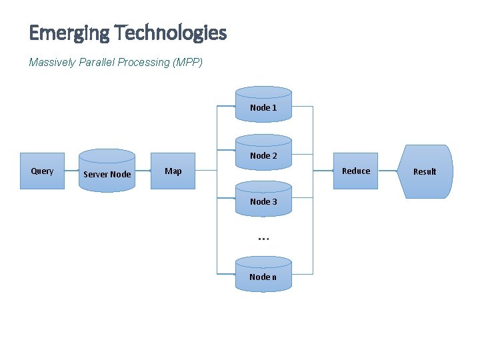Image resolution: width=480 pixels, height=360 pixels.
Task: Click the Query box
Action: (x=42, y=171)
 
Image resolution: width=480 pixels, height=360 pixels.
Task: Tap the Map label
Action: (x=173, y=171)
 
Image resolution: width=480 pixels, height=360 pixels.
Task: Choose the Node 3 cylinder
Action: (x=263, y=199)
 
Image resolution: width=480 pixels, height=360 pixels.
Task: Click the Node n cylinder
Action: (x=263, y=274)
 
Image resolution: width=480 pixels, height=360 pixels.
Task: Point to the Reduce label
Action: (x=355, y=171)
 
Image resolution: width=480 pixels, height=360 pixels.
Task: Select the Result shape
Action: (x=425, y=171)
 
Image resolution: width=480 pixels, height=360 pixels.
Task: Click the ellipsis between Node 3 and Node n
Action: (x=263, y=238)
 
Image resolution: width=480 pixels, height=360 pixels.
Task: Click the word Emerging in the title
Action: (x=69, y=33)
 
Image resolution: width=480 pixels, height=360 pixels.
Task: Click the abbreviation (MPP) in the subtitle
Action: (x=187, y=63)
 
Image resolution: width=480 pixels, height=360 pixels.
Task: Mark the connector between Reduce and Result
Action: (x=387, y=171)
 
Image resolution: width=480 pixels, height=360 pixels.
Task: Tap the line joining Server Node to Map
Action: (x=143, y=171)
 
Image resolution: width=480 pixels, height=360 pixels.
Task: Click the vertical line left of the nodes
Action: (x=217, y=200)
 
